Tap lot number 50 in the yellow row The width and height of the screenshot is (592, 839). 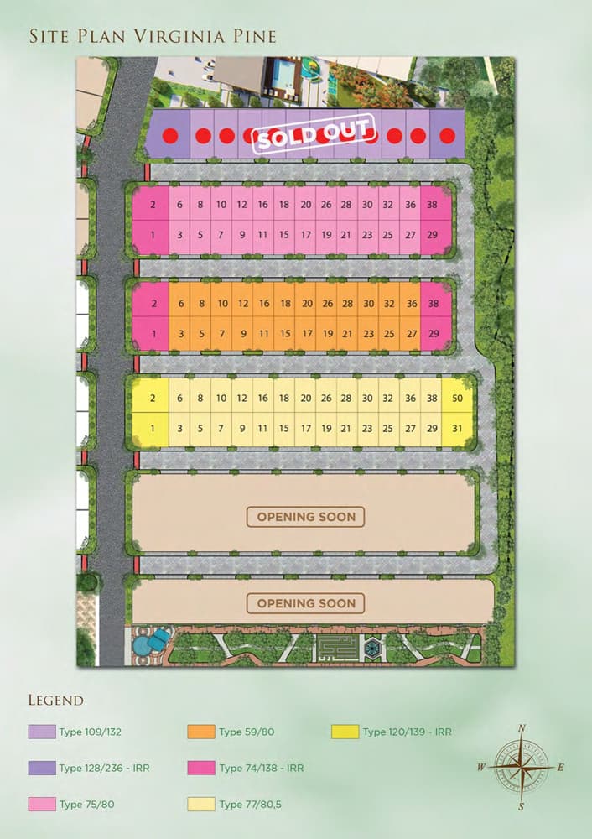point(457,399)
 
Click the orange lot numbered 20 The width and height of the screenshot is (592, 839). point(307,304)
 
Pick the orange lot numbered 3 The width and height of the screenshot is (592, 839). point(180,334)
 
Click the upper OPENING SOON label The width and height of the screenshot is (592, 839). point(306,517)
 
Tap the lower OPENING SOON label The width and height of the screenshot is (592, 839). point(306,603)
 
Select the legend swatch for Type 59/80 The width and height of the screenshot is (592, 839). point(201,732)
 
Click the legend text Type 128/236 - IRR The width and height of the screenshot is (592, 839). point(104,768)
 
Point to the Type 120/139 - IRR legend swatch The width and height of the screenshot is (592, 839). point(345,732)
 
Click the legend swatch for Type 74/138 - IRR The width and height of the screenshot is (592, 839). point(201,768)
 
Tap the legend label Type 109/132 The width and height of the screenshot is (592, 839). point(91,732)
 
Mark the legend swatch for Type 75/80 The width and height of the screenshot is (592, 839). point(41,805)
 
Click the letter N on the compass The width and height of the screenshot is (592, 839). point(522,728)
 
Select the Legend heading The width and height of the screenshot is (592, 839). point(56,700)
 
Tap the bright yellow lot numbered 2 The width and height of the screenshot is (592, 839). point(153,399)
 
